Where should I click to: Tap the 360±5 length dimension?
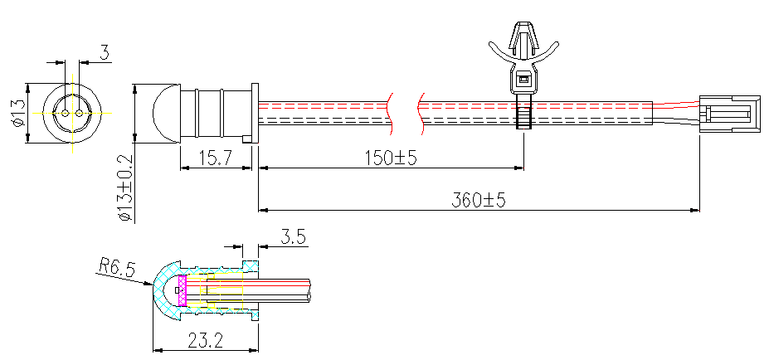point(479,200)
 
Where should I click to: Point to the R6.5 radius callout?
point(115,266)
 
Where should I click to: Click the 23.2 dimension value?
point(203,340)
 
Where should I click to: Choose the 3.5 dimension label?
point(293,237)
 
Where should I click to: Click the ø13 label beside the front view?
point(17,112)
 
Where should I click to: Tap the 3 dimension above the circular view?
point(104,53)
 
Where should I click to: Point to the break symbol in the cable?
point(405,111)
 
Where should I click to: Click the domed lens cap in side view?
point(164,112)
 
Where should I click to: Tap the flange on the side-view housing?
point(254,112)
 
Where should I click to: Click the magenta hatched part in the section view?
point(183,290)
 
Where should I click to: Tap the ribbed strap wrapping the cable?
point(523,111)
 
